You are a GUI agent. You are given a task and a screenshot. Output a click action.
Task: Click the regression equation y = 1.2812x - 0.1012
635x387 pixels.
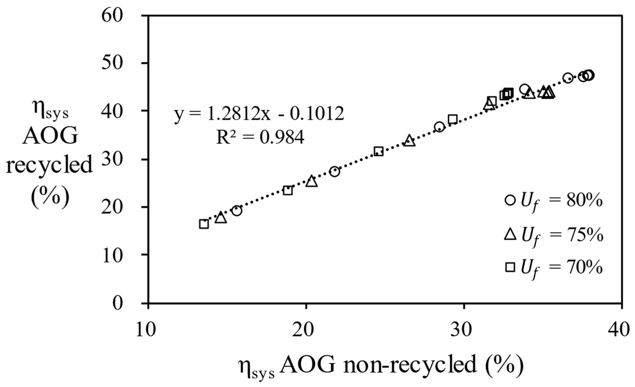pyautogui.click(x=259, y=114)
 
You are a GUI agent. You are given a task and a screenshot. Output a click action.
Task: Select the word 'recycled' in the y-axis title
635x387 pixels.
pyautogui.click(x=49, y=165)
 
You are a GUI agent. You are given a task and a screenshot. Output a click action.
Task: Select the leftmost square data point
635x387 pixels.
pyautogui.click(x=204, y=224)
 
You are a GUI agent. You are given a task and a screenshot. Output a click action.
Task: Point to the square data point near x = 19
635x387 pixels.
pyautogui.click(x=287, y=191)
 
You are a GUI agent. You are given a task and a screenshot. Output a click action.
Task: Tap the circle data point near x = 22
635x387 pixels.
pyautogui.click(x=335, y=172)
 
